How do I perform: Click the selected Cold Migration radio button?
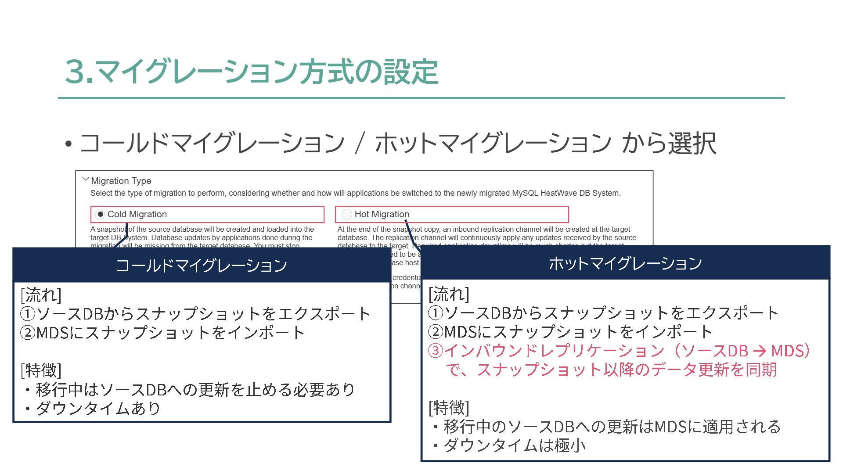click(x=100, y=214)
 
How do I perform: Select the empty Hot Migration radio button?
click(x=347, y=214)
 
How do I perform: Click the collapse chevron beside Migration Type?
click(x=86, y=180)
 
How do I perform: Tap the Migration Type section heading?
click(x=121, y=181)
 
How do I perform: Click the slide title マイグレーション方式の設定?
click(x=252, y=72)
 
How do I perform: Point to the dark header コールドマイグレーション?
click(x=202, y=266)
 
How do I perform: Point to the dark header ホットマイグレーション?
click(x=625, y=263)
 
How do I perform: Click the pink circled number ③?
click(x=436, y=351)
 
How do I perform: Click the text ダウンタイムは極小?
click(x=515, y=445)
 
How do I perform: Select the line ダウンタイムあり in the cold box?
click(x=98, y=408)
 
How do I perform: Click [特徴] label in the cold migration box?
click(x=41, y=370)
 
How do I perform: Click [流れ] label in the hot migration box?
click(x=449, y=294)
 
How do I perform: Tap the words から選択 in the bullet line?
click(x=669, y=144)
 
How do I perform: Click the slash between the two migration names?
click(x=360, y=144)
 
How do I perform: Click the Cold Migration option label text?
click(x=137, y=214)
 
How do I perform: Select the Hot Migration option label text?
click(x=382, y=214)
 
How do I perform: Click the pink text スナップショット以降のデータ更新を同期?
click(x=611, y=370)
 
